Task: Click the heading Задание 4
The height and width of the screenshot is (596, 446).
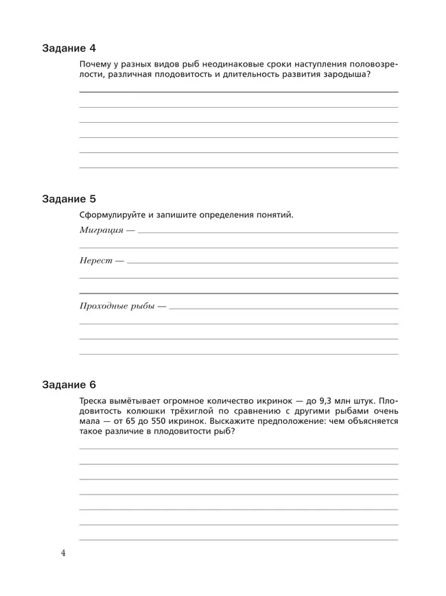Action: tap(69, 48)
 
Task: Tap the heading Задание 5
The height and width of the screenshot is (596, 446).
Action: tap(69, 199)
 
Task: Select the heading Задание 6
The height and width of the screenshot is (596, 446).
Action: tap(69, 384)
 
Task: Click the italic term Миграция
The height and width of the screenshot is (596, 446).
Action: tap(102, 230)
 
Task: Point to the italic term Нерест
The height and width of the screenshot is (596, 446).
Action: tap(96, 261)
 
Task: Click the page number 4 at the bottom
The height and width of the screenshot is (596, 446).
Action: tap(63, 553)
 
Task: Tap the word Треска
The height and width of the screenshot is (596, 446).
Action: tap(95, 401)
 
